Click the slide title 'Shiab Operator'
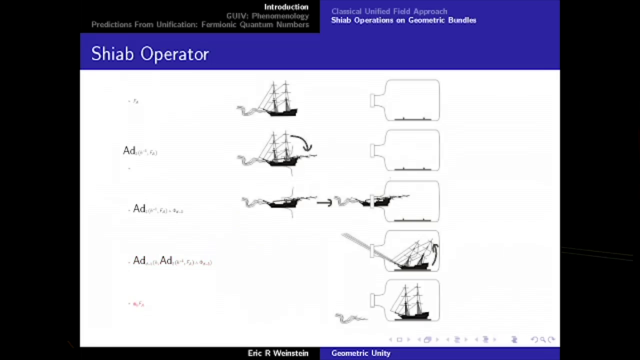[x=150, y=54]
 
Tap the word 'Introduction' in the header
[x=286, y=7]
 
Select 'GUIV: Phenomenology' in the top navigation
[x=267, y=16]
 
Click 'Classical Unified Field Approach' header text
[x=389, y=11]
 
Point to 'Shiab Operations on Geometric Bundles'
[x=403, y=20]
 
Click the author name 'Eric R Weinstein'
[x=278, y=353]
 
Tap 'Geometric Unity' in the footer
[x=361, y=353]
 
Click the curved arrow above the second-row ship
[x=302, y=141]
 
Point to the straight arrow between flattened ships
[x=324, y=203]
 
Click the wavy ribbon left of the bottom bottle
[x=350, y=318]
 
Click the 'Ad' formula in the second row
[x=140, y=151]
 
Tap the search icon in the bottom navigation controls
[x=543, y=340]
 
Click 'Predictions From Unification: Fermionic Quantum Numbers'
[x=200, y=25]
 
